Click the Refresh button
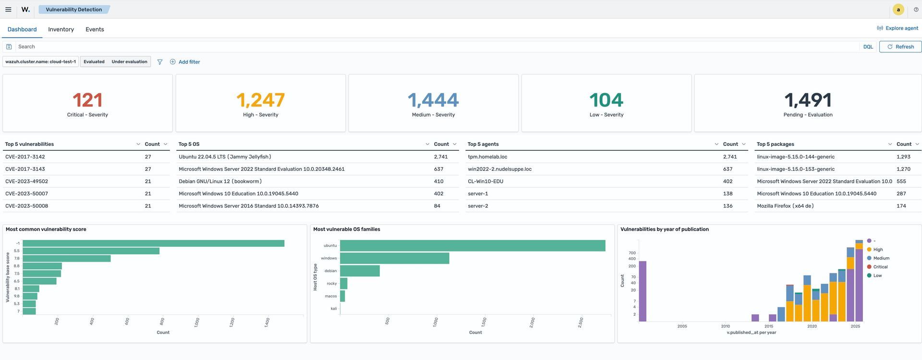900,47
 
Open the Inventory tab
61,29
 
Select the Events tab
95,29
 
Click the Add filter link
189,62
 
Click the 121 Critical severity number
87,100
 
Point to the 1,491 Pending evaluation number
808,100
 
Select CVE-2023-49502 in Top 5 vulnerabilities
26,181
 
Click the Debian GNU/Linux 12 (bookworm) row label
220,181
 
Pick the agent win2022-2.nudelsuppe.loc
499,169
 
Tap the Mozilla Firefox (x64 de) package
785,206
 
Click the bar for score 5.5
91,251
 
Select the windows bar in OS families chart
394,258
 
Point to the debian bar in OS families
360,271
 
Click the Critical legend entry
880,267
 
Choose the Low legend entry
877,276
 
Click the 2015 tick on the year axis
769,326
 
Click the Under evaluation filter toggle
129,61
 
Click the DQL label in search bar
868,47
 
